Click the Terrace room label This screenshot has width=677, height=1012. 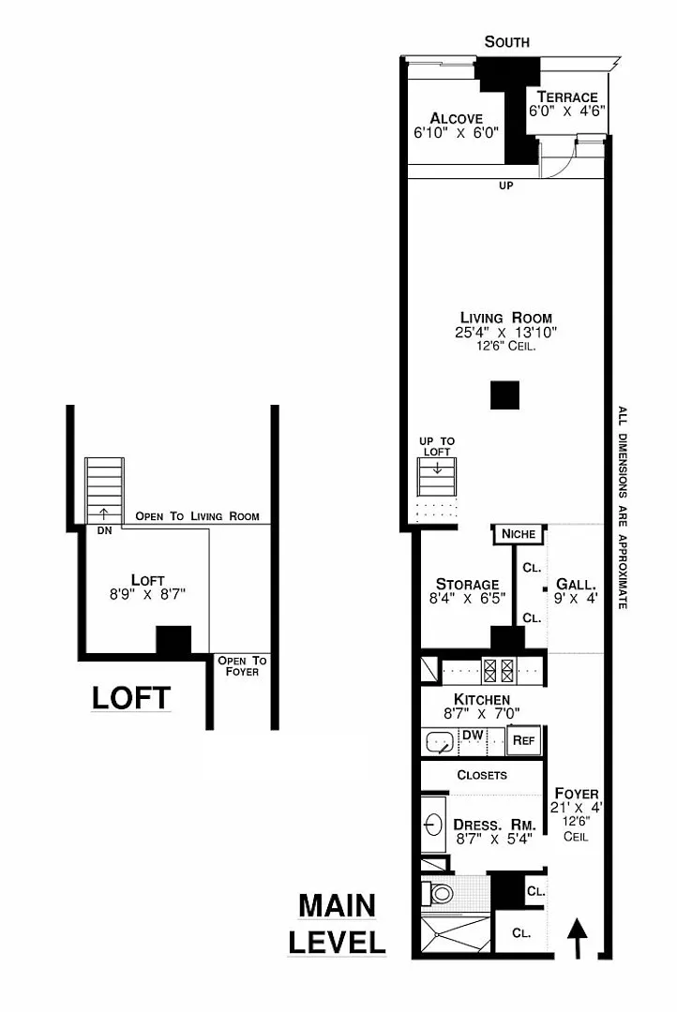pyautogui.click(x=567, y=97)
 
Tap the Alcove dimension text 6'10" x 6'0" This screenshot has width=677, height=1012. pyautogui.click(x=457, y=133)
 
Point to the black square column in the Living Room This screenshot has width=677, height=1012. pyautogui.click(x=504, y=395)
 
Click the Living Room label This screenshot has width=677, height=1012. pyautogui.click(x=505, y=318)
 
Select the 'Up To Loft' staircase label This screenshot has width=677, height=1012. pyautogui.click(x=437, y=447)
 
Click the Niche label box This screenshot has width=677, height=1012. pyautogui.click(x=519, y=534)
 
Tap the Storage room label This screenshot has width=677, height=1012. pyautogui.click(x=467, y=584)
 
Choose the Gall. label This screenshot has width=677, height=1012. pyautogui.click(x=576, y=584)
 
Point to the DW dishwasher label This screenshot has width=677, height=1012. pyautogui.click(x=473, y=736)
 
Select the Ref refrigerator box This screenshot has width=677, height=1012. pyautogui.click(x=524, y=740)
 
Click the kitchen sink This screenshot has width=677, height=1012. pyautogui.click(x=439, y=742)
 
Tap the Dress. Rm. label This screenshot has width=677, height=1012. pyautogui.click(x=494, y=825)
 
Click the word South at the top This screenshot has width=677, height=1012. pyautogui.click(x=507, y=42)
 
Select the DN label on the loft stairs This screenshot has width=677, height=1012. pyautogui.click(x=104, y=530)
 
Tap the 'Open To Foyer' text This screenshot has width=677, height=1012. pyautogui.click(x=242, y=666)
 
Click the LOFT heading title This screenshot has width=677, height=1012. pyautogui.click(x=131, y=698)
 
